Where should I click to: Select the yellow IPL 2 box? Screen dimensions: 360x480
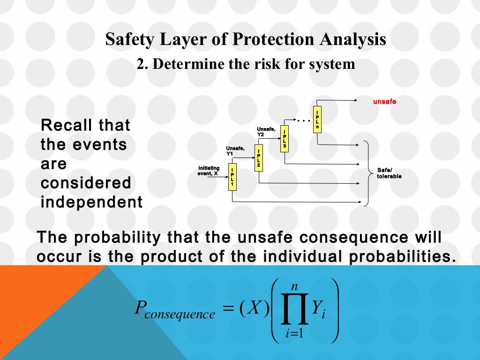[x=258, y=158]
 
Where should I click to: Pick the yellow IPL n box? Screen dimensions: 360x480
[x=318, y=120]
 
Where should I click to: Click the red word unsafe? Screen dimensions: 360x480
[x=384, y=101]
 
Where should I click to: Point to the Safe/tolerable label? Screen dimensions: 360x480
[x=389, y=173]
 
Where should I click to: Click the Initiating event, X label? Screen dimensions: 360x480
[x=208, y=171]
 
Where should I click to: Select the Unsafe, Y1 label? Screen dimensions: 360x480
[x=234, y=150]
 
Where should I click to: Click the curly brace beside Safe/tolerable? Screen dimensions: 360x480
[x=367, y=173]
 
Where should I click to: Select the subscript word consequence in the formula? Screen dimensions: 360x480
[x=180, y=315]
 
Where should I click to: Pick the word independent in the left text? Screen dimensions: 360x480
[x=91, y=202]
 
